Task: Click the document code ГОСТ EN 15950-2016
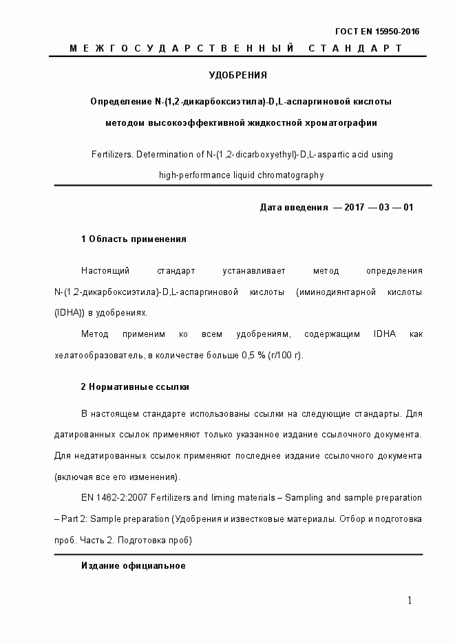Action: point(377,32)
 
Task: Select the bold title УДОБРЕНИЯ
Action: point(237,75)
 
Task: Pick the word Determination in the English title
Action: point(168,155)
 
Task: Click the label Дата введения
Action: point(293,208)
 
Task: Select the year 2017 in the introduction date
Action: point(354,208)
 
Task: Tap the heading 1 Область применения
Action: point(134,239)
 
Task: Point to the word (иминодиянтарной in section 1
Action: point(330,292)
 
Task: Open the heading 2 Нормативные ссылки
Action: point(135,387)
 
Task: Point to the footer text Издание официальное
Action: point(134,565)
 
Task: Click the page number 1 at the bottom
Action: point(410,601)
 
